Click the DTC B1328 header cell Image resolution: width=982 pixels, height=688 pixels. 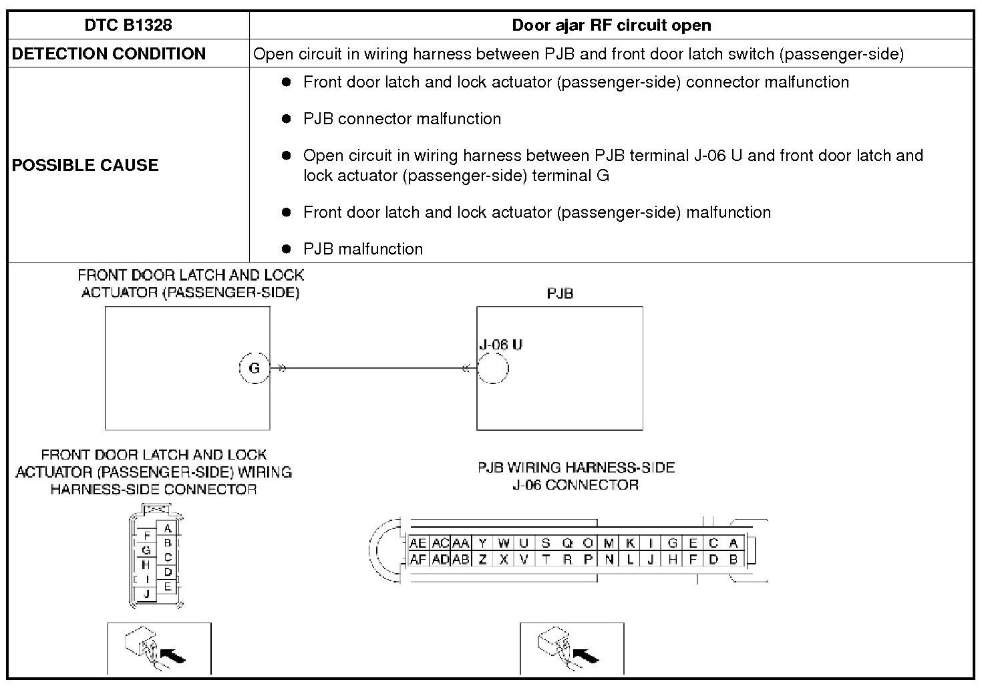pos(128,25)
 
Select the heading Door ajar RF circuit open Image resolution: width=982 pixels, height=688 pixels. pos(611,25)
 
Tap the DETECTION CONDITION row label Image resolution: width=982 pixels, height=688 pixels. pos(109,54)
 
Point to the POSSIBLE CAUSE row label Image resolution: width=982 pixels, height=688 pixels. pos(85,165)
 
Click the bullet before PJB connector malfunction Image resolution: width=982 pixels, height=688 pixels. pos(287,119)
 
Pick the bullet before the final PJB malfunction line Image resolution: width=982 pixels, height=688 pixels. pos(287,249)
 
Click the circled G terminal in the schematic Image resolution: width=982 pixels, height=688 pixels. pos(254,368)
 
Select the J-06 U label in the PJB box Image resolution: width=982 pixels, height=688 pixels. pos(500,345)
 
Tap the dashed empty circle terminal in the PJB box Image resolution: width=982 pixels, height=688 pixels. pos(493,368)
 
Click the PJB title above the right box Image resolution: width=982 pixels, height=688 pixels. pos(560,293)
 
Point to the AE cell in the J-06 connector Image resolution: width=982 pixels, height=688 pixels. pos(418,544)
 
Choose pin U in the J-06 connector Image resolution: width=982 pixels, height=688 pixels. pos(524,544)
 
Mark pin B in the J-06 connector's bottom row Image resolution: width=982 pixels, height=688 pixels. pos(733,560)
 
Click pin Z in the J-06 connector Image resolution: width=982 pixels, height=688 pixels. pos(482,560)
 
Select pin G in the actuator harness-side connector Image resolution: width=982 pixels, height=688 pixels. pos(146,550)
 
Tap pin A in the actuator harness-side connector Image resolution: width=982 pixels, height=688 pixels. pos(168,528)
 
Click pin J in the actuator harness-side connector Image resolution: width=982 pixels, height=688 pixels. pos(146,593)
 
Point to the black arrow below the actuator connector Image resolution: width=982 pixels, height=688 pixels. pos(174,656)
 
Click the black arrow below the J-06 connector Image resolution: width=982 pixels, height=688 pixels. pos(587,656)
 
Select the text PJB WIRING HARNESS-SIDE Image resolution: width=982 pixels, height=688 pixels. pos(576,468)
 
